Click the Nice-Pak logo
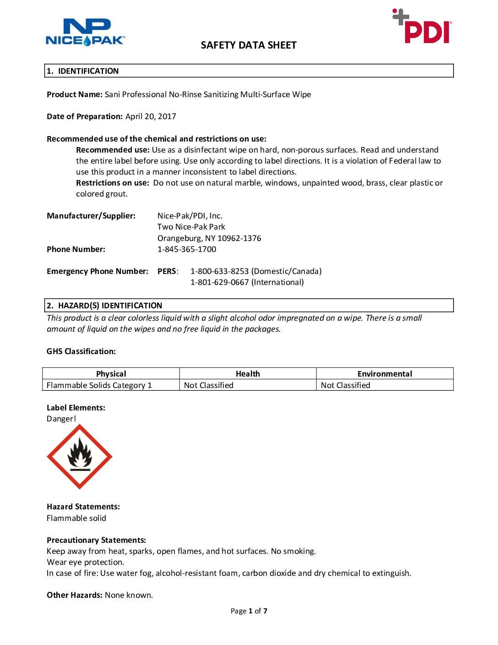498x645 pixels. pyautogui.click(x=85, y=32)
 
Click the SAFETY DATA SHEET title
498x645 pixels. pyautogui.click(x=249, y=45)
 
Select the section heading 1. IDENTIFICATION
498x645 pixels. pyautogui.click(x=83, y=71)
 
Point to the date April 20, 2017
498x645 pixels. pyautogui.click(x=151, y=116)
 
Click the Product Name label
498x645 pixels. pyautogui.click(x=74, y=94)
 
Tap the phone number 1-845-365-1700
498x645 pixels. pyautogui.click(x=187, y=249)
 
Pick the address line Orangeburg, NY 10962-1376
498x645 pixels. pyautogui.click(x=209, y=238)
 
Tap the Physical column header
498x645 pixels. pyautogui.click(x=111, y=374)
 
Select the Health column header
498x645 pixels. pyautogui.click(x=248, y=374)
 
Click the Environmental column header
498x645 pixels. pyautogui.click(x=384, y=374)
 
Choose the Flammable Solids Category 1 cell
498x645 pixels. pyautogui.click(x=99, y=385)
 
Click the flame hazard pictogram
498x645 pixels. pyautogui.click(x=80, y=457)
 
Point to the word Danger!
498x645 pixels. pyautogui.click(x=61, y=419)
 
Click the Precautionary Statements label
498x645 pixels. pyautogui.click(x=96, y=540)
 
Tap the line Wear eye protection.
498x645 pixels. pyautogui.click(x=85, y=562)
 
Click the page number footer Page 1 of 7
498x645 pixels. pyautogui.click(x=249, y=611)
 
